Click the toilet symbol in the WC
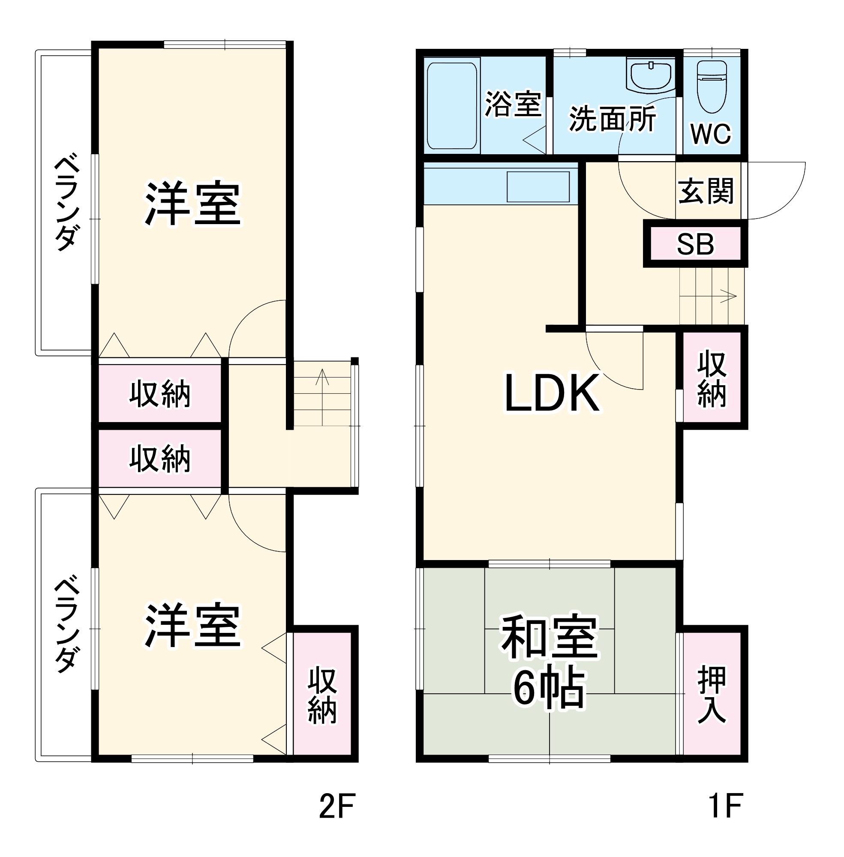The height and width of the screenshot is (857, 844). pos(712,87)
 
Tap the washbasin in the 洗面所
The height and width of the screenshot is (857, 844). pos(651,76)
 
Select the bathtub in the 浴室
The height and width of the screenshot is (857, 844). pos(452,106)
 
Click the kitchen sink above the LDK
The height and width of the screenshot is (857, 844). pos(538,187)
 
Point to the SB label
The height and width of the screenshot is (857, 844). pos(695,244)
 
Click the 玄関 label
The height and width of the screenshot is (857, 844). pos(706,191)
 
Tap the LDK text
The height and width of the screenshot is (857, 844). pos(552,393)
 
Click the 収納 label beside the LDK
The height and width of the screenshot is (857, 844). pos(712,379)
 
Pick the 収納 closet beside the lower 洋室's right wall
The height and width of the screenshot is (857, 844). pos(322,695)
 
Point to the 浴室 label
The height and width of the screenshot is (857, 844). pos(513,105)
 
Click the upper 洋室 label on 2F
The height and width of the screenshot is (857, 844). pos(192,204)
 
